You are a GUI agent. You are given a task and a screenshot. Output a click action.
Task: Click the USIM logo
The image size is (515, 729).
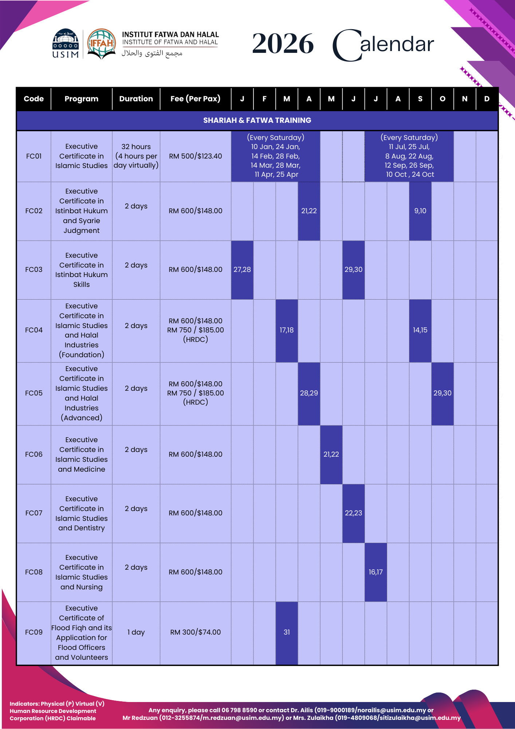66,44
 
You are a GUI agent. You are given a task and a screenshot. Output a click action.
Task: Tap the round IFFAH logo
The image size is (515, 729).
102,44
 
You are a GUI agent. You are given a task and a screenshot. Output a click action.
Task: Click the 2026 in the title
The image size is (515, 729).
283,44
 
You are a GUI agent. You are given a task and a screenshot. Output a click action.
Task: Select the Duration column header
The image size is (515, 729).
136,99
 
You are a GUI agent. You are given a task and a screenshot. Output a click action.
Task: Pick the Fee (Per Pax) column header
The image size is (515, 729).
195,99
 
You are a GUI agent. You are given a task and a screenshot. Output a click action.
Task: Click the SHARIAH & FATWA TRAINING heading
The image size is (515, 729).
257,120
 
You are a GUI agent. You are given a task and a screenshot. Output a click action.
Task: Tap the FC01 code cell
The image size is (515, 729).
34,156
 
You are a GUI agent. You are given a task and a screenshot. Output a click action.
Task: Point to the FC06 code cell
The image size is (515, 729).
34,454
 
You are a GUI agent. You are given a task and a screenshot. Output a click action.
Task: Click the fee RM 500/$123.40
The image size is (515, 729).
195,156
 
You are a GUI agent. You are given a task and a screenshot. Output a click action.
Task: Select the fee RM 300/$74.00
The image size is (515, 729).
195,632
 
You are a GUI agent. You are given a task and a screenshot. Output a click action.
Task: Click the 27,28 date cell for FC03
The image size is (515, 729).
242,269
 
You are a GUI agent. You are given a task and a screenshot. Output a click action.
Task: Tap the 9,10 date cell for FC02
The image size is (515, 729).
420,211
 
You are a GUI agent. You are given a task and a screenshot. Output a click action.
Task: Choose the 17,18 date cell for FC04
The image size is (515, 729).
287,330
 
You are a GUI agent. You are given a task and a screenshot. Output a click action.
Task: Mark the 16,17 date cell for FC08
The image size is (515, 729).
376,572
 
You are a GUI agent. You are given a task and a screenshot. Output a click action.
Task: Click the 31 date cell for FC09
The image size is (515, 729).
287,632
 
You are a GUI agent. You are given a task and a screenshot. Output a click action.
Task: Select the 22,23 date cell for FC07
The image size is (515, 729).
353,513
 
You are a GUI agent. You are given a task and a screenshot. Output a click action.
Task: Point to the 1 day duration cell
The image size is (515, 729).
136,632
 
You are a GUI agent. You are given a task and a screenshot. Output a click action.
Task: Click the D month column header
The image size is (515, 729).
487,99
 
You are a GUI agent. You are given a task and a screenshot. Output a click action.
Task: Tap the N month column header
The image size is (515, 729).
464,99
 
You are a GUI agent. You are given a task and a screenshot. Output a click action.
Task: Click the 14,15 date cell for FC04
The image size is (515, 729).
420,330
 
